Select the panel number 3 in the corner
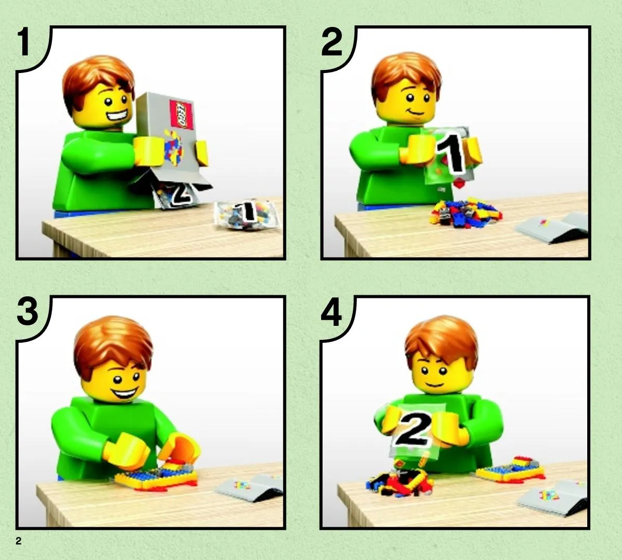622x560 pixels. click(x=27, y=312)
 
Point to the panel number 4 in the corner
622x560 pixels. click(x=331, y=312)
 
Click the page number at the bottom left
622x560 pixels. click(x=19, y=541)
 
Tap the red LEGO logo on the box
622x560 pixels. click(x=181, y=114)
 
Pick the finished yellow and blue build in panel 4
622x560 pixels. click(x=510, y=470)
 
